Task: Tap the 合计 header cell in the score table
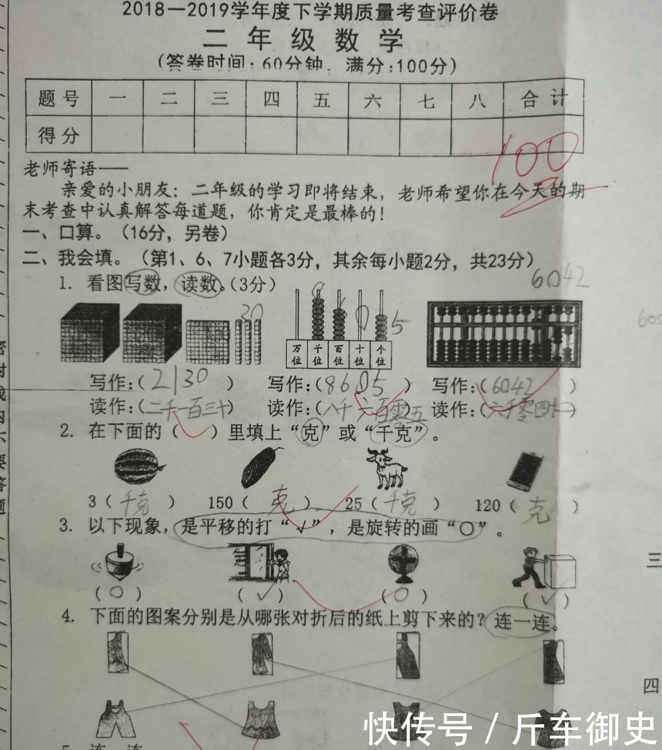tap(543, 99)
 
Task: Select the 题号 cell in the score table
tap(59, 99)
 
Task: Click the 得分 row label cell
tap(59, 135)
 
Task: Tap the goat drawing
tap(387, 469)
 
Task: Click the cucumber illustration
tap(261, 467)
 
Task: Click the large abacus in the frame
tap(504, 334)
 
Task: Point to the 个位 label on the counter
tap(381, 354)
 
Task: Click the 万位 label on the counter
tap(297, 354)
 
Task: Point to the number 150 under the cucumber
tap(220, 503)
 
